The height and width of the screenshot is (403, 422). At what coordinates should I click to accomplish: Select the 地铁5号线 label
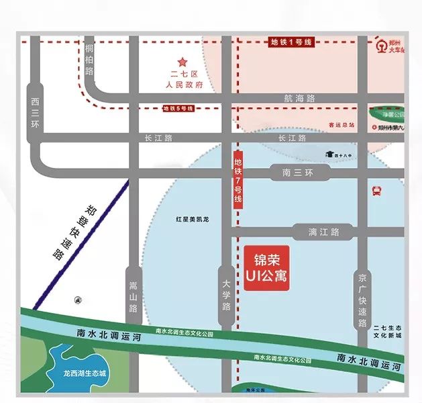178,107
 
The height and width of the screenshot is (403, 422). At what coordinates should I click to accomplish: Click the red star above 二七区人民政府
182,62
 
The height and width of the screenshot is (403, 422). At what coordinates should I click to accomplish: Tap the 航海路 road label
299,98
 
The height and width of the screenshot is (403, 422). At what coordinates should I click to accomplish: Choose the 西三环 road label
36,113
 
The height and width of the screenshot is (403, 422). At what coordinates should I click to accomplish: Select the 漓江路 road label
324,232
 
